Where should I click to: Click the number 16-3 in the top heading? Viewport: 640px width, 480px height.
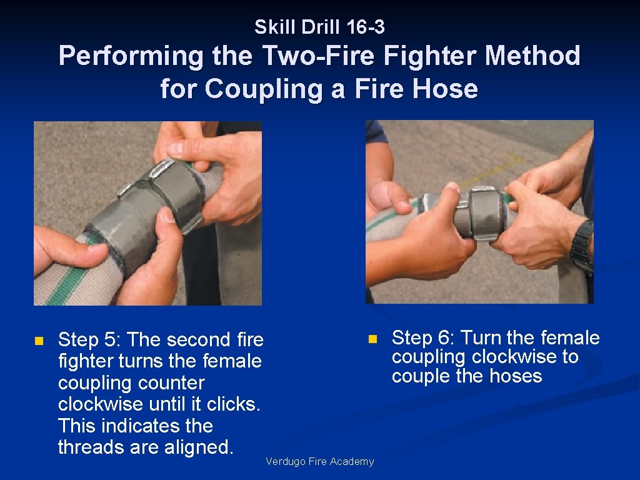pyautogui.click(x=365, y=27)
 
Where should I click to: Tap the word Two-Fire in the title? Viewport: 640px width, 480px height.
pyautogui.click(x=317, y=55)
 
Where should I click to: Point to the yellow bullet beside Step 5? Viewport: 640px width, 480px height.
pyautogui.click(x=39, y=341)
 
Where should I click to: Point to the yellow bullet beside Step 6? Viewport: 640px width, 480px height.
pyautogui.click(x=372, y=339)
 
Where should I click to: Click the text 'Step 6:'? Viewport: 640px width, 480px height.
pyautogui.click(x=423, y=338)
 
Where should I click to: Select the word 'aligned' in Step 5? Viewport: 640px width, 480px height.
pyautogui.click(x=199, y=447)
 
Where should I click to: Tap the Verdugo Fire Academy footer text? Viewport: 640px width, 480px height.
pyautogui.click(x=319, y=462)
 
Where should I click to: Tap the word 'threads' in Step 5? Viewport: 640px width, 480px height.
pyautogui.click(x=91, y=447)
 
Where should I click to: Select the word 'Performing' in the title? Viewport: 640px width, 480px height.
pyautogui.click(x=131, y=56)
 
